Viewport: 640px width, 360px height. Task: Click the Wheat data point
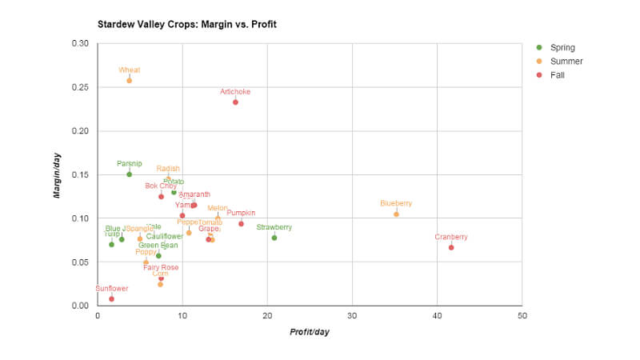[130, 81]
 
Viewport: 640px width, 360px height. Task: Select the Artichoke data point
[235, 102]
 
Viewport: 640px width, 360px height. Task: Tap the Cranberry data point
[451, 247]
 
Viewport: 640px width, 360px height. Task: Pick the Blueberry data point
[396, 214]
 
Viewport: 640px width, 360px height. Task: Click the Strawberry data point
[274, 238]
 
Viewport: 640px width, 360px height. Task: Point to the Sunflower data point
[111, 298]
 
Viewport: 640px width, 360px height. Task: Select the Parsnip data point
[129, 174]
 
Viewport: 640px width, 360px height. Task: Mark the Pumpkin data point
[241, 223]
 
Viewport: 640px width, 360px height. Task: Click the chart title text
[187, 25]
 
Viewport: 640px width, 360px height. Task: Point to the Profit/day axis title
[310, 332]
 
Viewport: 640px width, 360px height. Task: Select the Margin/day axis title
[58, 174]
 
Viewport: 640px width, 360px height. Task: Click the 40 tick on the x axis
[437, 316]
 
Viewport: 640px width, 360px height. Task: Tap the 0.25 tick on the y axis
[80, 87]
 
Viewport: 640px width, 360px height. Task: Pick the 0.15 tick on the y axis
[80, 174]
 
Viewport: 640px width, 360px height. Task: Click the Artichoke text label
[235, 92]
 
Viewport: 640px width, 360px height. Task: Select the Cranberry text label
[451, 237]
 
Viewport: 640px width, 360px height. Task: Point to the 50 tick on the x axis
[522, 316]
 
